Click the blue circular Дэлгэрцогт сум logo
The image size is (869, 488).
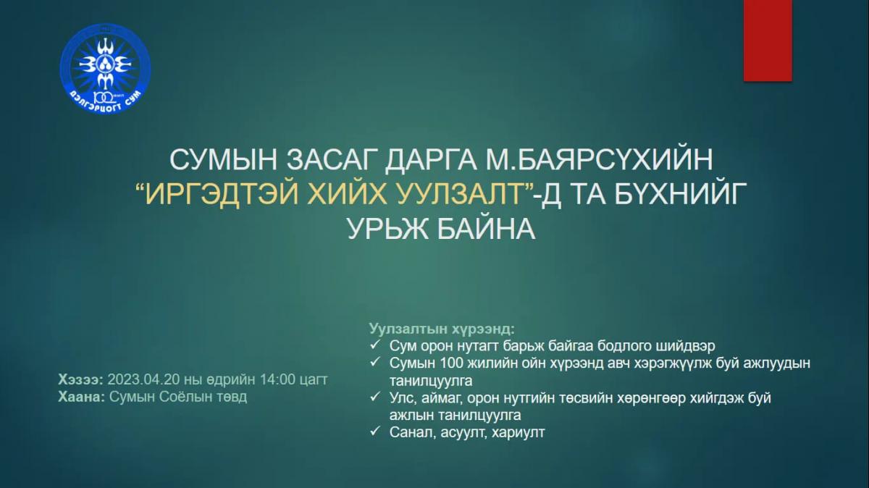point(105,70)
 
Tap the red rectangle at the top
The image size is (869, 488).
point(768,41)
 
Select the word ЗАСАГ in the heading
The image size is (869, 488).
point(331,159)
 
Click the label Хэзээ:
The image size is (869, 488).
point(80,379)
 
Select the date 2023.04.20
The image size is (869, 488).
point(143,379)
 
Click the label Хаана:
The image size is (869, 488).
point(81,397)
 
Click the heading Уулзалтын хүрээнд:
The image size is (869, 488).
point(442,329)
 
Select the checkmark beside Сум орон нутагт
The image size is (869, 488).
point(375,345)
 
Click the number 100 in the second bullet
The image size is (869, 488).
point(453,363)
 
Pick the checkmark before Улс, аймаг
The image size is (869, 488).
point(375,397)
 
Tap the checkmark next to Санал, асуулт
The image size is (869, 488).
point(375,432)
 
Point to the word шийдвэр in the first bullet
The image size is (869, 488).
point(685,346)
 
